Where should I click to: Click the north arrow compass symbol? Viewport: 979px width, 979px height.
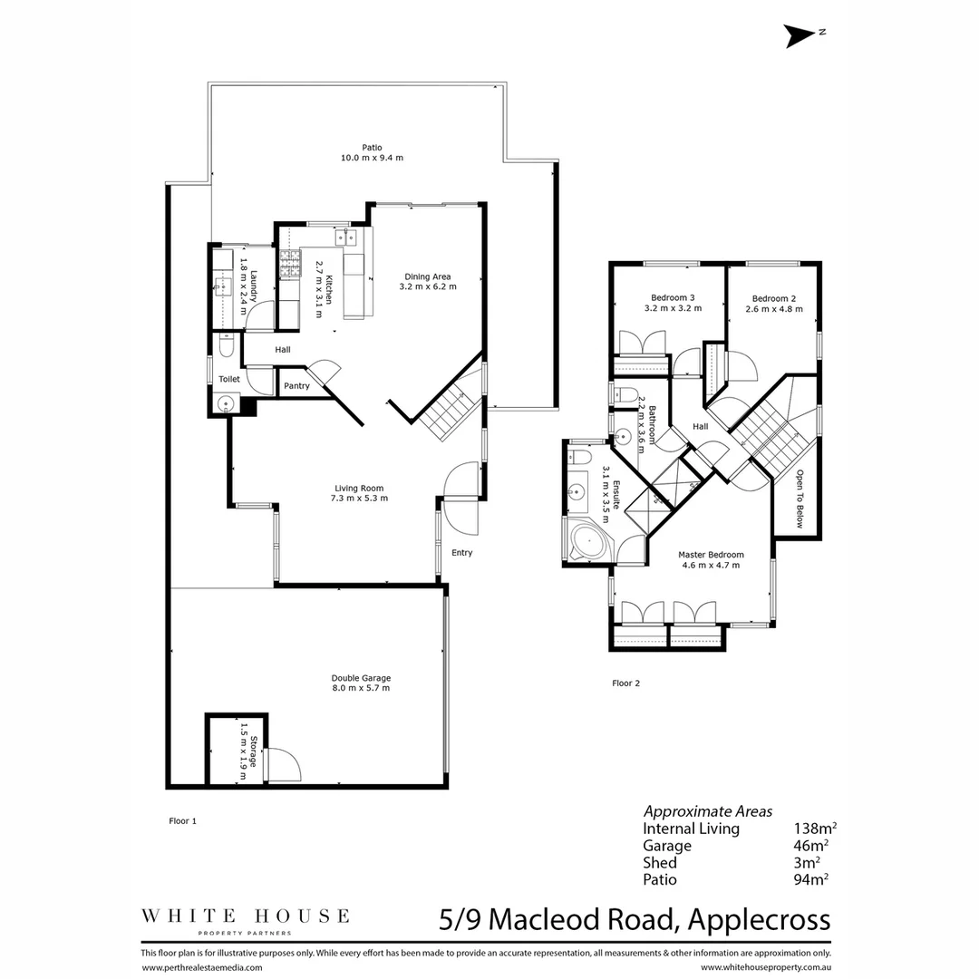tap(800, 35)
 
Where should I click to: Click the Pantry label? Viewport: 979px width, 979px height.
tap(296, 386)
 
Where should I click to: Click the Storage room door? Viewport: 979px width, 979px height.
tap(283, 764)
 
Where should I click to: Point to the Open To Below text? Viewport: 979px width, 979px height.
tap(800, 499)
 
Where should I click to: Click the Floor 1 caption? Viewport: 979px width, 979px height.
tap(182, 820)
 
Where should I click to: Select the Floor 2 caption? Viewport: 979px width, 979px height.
tap(625, 683)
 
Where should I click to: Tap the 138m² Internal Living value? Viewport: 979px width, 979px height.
tap(814, 829)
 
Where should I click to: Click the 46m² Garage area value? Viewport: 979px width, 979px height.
tap(810, 846)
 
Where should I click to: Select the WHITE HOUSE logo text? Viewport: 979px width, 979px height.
tap(245, 916)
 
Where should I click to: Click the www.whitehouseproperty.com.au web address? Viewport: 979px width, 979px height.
tap(765, 968)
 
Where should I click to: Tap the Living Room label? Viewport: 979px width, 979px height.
tap(359, 492)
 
